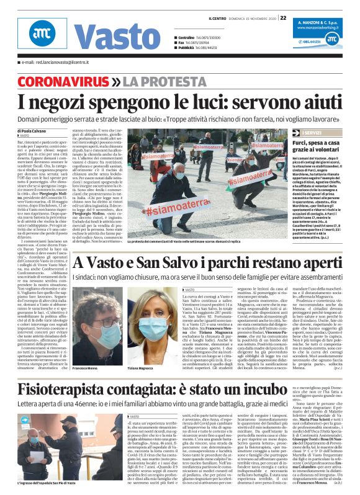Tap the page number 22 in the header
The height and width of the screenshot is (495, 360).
pos(282,17)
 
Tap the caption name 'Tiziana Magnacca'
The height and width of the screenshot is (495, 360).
pos(146,368)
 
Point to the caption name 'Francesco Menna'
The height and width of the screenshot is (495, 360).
pos(84,368)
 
